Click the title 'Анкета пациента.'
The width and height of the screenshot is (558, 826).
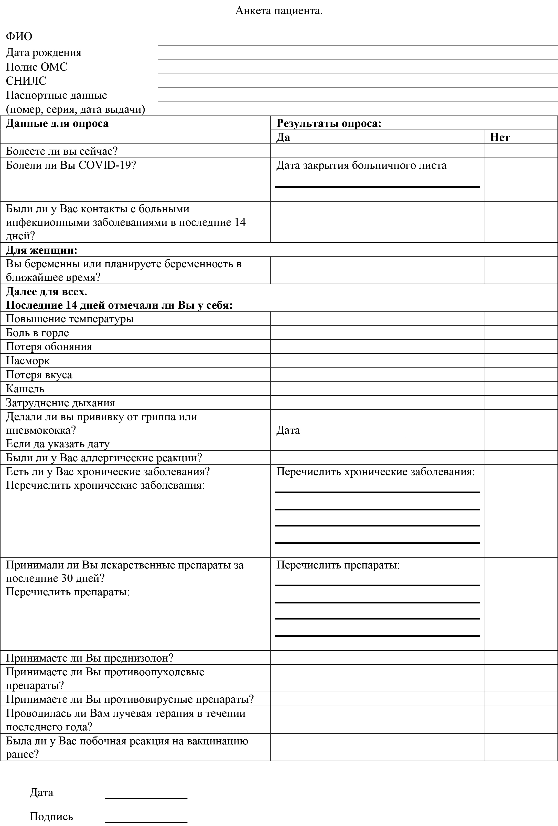[x=279, y=11]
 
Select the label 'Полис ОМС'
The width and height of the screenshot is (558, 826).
[x=36, y=67]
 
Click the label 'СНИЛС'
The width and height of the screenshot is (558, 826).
[x=26, y=81]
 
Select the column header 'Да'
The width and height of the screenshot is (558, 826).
[x=283, y=137]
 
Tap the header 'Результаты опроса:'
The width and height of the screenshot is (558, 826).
[x=329, y=123]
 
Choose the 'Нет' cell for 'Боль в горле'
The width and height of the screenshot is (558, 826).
[x=520, y=333]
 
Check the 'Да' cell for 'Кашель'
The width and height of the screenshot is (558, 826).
[x=377, y=388]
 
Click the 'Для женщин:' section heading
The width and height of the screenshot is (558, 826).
[x=42, y=250]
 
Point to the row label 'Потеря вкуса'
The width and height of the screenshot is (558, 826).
[x=39, y=375]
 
